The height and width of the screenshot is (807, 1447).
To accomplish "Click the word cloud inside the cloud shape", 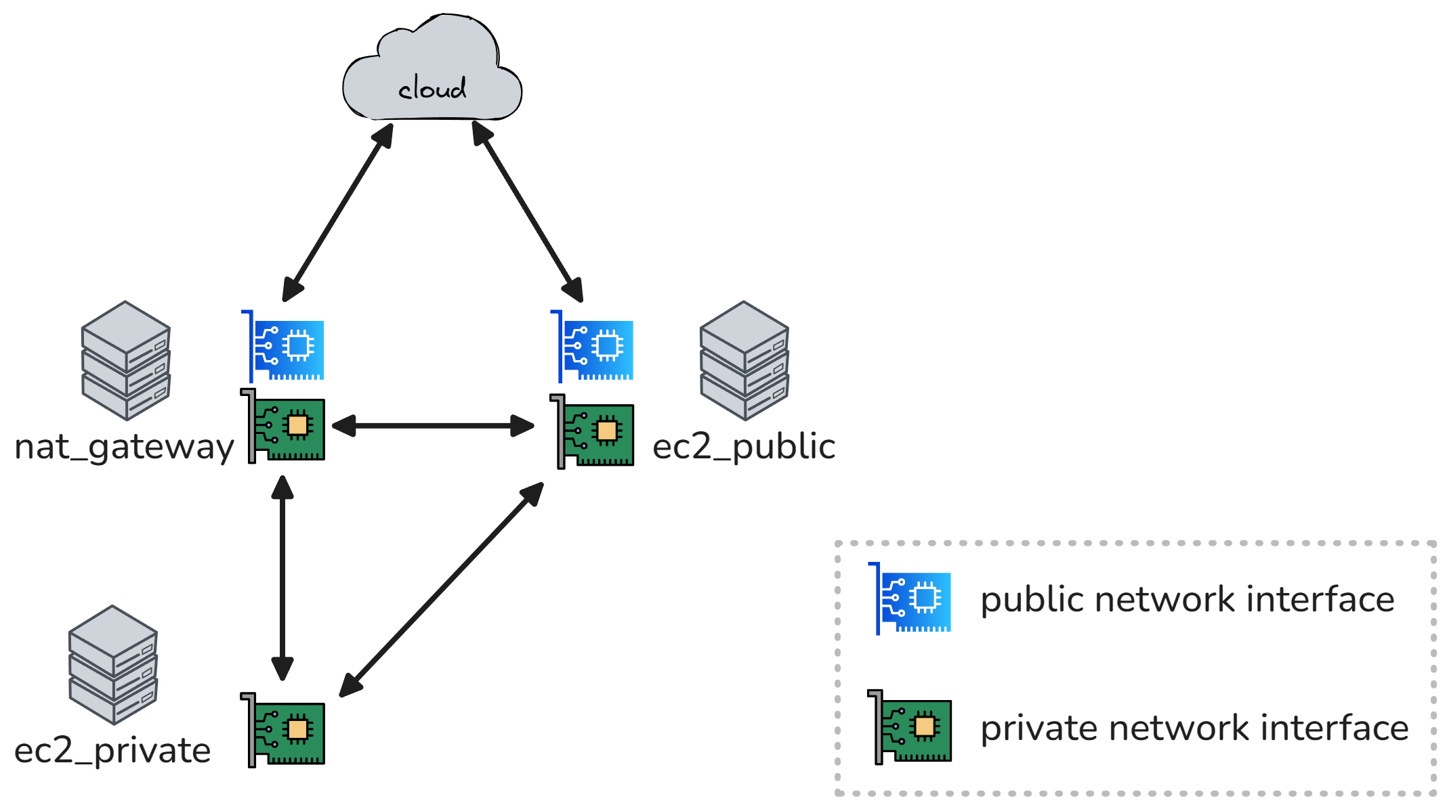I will tap(432, 89).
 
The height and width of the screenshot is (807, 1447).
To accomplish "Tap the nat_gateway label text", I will tap(124, 447).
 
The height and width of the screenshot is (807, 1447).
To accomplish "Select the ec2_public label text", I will tap(743, 447).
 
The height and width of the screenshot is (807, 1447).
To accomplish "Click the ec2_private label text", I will tap(112, 750).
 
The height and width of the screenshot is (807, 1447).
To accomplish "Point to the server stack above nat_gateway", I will tap(125, 360).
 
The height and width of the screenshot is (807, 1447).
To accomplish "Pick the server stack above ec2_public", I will tap(744, 360).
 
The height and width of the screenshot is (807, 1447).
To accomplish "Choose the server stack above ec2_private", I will tap(112, 664).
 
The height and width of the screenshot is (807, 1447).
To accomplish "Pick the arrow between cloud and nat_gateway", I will tap(337, 213).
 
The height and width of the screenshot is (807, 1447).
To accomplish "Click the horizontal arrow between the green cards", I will tap(433, 426).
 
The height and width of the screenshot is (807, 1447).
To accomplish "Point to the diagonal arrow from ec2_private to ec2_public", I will tap(441, 590).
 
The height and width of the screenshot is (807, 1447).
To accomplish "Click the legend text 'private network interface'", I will tap(1194, 728).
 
